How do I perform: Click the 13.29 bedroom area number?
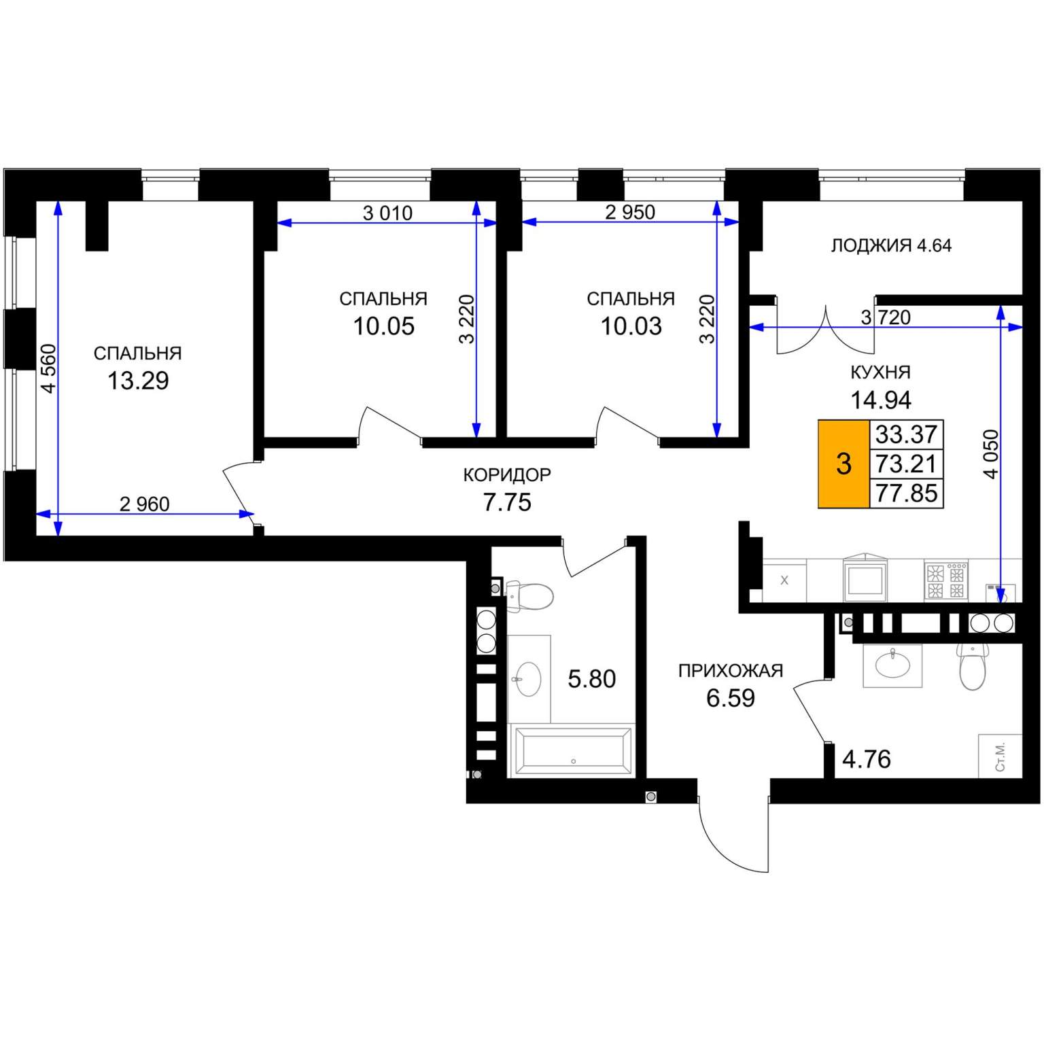[138, 381]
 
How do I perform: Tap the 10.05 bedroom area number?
[383, 326]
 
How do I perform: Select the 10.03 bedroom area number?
[631, 326]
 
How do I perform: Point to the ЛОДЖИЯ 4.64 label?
[891, 245]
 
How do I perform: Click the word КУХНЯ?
[880, 372]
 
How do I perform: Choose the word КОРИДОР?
[507, 474]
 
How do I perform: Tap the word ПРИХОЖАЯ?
[731, 671]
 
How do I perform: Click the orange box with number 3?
[843, 464]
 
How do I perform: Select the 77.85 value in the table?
[906, 493]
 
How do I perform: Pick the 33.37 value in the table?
[906, 434]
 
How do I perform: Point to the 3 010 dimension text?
[387, 213]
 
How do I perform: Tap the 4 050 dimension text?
[991, 454]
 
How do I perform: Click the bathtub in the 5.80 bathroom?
[573, 750]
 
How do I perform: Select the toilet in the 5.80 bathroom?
[529, 596]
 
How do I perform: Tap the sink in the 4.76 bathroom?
[892, 664]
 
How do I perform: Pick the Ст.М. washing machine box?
[1000, 756]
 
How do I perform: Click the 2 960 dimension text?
[144, 504]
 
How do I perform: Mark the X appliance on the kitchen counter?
[784, 580]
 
